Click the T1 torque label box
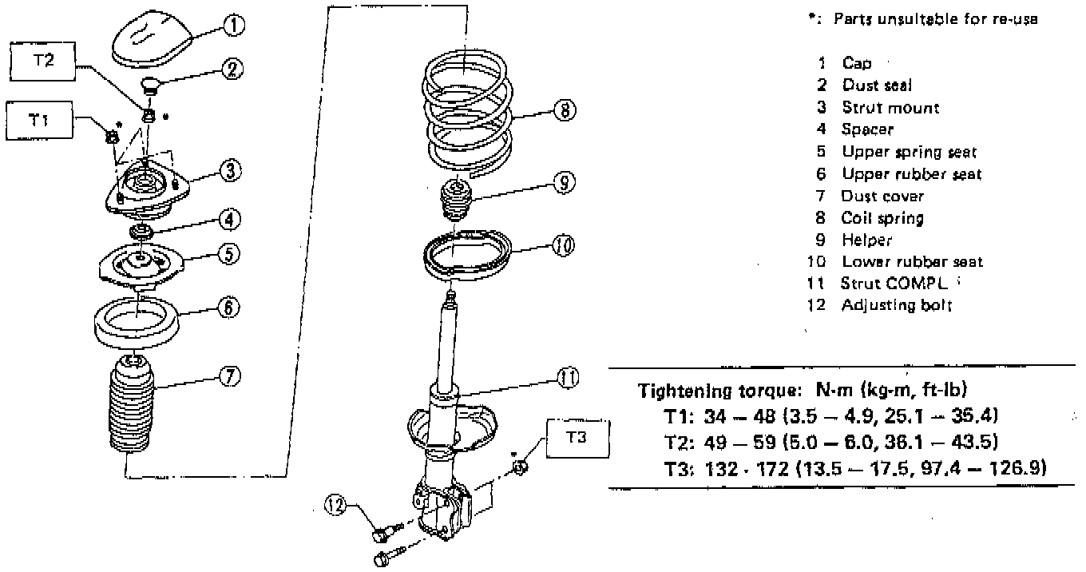click(37, 120)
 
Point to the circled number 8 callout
click(565, 112)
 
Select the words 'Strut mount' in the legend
click(890, 107)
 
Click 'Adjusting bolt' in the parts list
click(896, 305)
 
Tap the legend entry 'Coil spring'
click(882, 217)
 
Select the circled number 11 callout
click(568, 378)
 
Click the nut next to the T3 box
click(518, 467)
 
